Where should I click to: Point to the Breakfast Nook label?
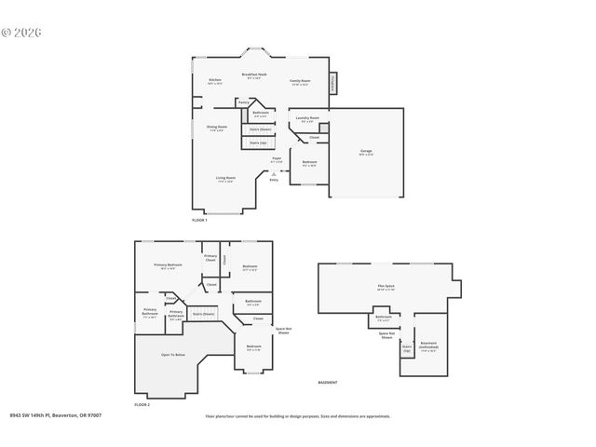tap(254, 75)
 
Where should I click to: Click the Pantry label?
tap(243, 102)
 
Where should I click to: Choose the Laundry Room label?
tap(307, 119)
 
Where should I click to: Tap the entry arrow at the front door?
tap(273, 173)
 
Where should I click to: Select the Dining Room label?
tap(215, 128)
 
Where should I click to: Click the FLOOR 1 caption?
tap(199, 220)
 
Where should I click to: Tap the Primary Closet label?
tap(210, 258)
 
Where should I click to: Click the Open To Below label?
tap(172, 355)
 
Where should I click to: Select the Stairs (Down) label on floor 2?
tap(203, 314)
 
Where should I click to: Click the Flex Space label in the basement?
tap(386, 288)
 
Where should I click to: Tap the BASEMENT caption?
tap(327, 383)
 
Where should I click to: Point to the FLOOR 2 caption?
tap(142, 405)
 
